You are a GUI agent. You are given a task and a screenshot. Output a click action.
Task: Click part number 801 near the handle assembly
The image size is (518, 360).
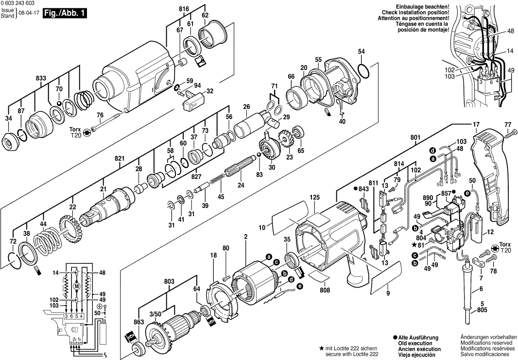click(x=414, y=137)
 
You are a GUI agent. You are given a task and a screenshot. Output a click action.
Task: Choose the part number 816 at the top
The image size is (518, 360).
click(x=184, y=9)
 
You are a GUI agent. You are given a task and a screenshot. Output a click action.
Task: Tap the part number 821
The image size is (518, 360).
click(x=120, y=158)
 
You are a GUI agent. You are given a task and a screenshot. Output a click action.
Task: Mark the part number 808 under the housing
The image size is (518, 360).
click(x=325, y=290)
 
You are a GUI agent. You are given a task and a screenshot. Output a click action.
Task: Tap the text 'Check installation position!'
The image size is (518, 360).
click(x=415, y=13)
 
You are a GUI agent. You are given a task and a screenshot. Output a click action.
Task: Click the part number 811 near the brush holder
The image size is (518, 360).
click(x=373, y=182)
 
